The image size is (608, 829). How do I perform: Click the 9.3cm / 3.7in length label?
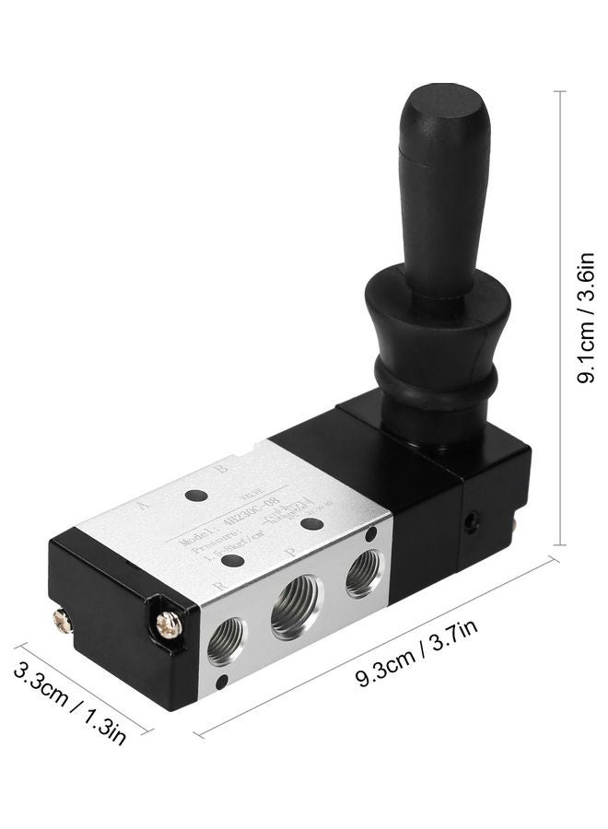[x=417, y=658]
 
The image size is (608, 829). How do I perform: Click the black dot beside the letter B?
[x=195, y=496]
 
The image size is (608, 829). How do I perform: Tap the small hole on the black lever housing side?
[x=472, y=522]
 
